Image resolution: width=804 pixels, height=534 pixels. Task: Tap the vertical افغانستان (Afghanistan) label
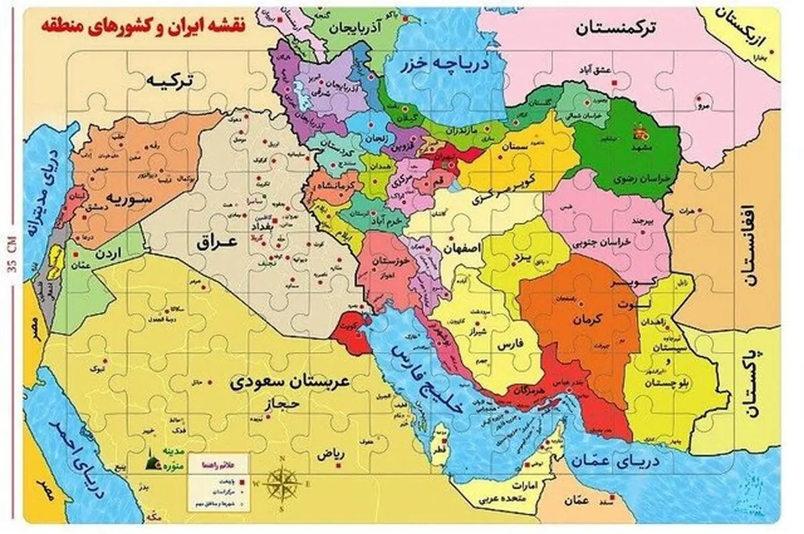tap(748, 248)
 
